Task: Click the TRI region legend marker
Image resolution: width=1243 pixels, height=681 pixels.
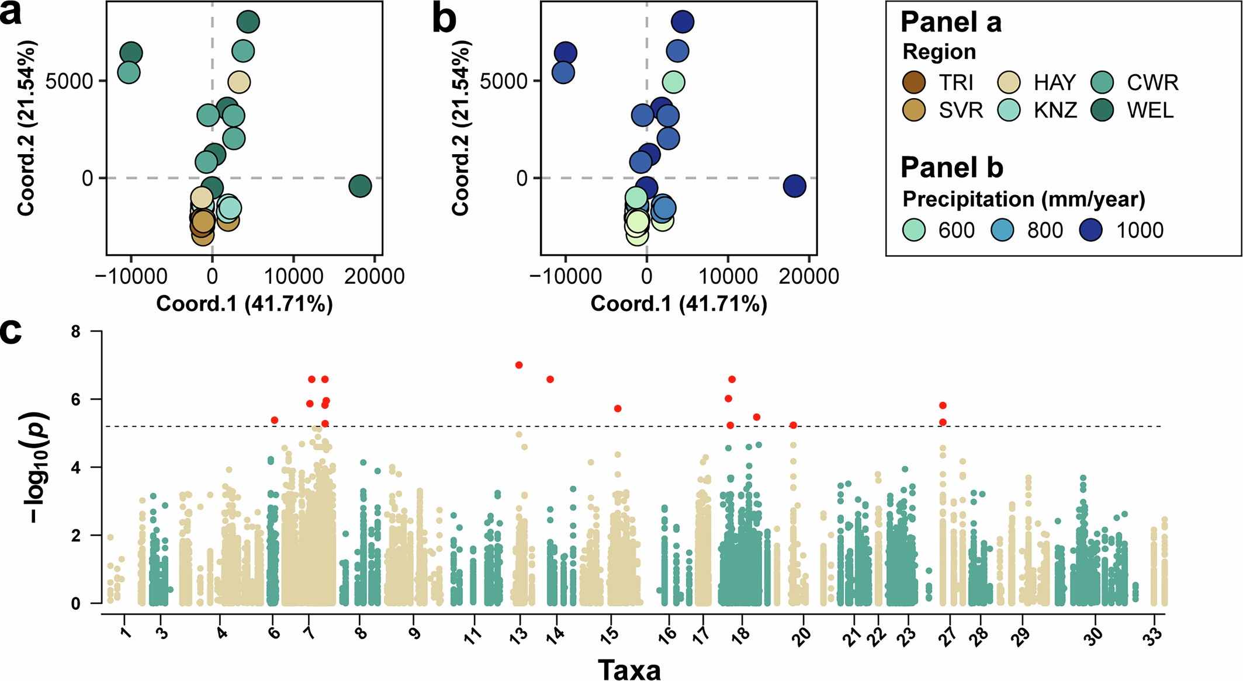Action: coord(913,82)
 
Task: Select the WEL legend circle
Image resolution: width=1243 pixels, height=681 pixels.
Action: coord(1102,110)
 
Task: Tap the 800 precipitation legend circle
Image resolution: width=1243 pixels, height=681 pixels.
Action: coord(1002,230)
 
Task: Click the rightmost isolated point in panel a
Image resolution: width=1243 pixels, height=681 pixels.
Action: coord(360,186)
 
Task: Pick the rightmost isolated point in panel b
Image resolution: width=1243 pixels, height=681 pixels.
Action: coord(794,186)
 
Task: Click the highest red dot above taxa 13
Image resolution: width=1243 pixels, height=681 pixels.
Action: coord(518,365)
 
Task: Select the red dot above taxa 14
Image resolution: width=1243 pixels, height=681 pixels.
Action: coord(550,380)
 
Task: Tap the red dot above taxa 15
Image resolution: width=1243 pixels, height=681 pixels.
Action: coord(618,409)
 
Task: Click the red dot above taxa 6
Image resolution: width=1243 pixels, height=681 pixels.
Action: coord(275,421)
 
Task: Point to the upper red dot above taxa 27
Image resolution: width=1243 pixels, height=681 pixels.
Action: coord(943,405)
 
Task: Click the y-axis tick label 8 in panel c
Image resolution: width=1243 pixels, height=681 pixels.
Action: coord(76,332)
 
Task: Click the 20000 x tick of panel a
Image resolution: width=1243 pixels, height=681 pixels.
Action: coord(374,276)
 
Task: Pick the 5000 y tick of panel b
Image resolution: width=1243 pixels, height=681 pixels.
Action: coord(503,81)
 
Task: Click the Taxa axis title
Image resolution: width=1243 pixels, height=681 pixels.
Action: coord(629,669)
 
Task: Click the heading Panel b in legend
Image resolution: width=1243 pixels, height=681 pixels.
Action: coord(951,168)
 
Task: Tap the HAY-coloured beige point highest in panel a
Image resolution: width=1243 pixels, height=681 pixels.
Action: coord(238,82)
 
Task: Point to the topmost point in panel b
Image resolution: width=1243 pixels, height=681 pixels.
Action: coord(683,22)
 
